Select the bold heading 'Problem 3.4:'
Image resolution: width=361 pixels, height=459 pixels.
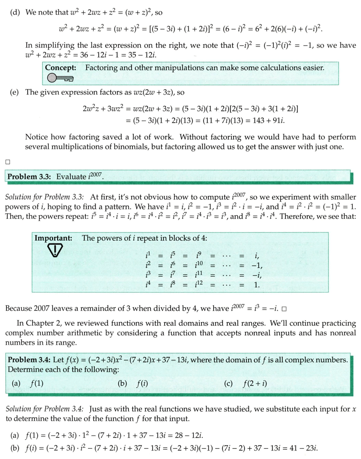point(30,360)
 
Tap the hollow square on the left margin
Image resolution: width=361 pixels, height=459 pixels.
point(8,162)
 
